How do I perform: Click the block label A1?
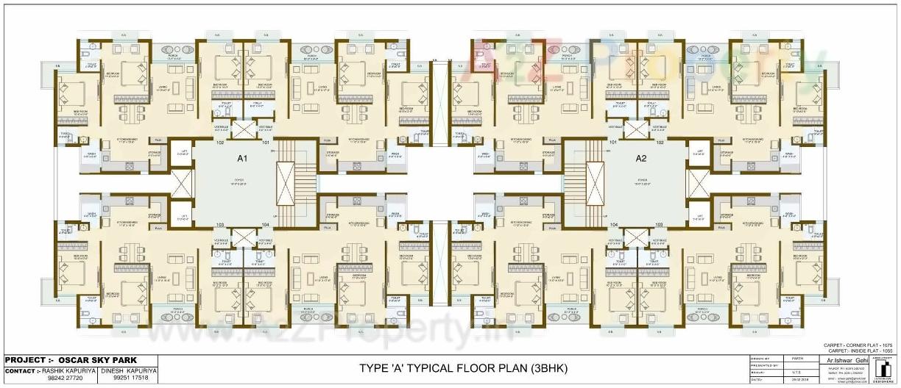point(241,158)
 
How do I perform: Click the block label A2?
point(640,158)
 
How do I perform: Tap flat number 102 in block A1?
point(219,143)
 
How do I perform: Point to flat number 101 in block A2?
point(612,143)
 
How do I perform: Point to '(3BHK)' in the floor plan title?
point(549,367)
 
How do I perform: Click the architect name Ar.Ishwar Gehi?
point(845,362)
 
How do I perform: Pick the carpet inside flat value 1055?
point(887,351)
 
